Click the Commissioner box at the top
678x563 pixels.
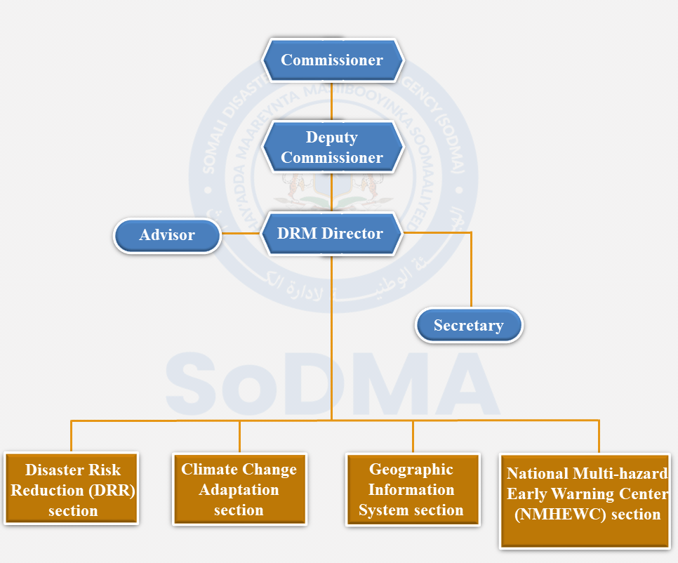[x=332, y=60]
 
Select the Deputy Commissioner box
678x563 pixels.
[x=332, y=147]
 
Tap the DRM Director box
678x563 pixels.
[x=332, y=234]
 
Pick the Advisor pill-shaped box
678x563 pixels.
[x=167, y=235]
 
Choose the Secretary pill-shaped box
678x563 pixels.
[x=468, y=326]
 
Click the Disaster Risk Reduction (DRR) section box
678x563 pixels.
[x=73, y=490]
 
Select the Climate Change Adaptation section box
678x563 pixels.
[x=239, y=490]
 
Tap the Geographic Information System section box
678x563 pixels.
[x=411, y=490]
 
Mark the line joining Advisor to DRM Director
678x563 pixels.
[x=241, y=234]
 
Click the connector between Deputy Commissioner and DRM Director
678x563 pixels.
[x=332, y=192]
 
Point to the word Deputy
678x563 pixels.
[x=331, y=138]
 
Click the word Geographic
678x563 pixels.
[x=411, y=470]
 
